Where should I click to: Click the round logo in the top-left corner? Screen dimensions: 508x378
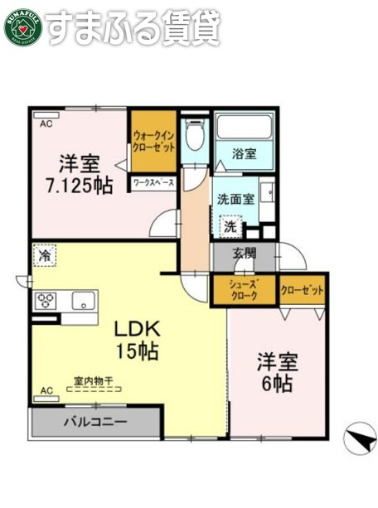[x=22, y=26]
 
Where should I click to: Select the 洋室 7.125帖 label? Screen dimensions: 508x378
[x=80, y=175]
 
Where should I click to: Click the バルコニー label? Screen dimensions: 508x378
[x=95, y=422]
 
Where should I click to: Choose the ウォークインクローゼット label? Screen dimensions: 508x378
[x=153, y=142]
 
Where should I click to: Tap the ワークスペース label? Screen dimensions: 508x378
[x=153, y=181]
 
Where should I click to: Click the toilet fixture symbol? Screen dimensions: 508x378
[x=196, y=136]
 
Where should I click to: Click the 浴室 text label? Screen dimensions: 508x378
[x=244, y=153]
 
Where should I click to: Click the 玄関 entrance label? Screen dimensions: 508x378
[x=244, y=254]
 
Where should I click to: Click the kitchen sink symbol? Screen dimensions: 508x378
[x=83, y=300]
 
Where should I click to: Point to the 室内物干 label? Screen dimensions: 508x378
[x=94, y=380]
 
